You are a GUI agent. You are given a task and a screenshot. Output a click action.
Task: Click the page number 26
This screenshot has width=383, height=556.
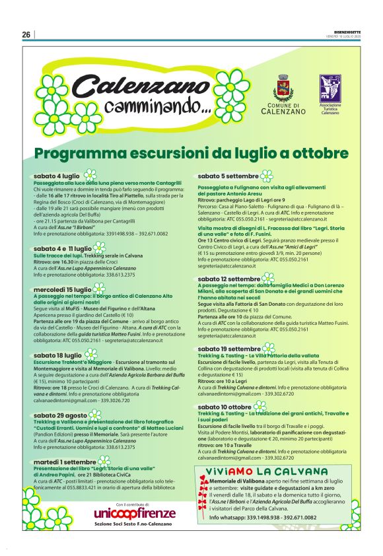(x=26, y=34)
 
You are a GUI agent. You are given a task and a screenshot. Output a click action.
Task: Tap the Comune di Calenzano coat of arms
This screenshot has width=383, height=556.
(x=283, y=87)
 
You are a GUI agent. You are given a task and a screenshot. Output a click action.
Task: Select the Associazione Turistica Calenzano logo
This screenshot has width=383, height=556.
(x=330, y=88)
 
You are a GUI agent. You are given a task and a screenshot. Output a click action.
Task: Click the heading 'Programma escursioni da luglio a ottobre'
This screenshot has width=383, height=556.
(x=191, y=154)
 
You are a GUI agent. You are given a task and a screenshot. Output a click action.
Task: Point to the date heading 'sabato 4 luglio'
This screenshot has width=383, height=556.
(x=57, y=176)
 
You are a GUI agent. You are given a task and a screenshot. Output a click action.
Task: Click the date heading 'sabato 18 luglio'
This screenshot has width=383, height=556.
(x=57, y=355)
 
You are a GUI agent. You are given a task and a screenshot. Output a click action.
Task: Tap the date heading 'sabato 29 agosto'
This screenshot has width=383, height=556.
(x=60, y=415)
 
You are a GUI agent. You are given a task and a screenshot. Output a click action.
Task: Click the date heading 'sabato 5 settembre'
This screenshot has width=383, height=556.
(x=228, y=176)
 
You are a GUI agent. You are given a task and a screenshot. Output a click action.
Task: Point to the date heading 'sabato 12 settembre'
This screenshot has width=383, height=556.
(x=229, y=279)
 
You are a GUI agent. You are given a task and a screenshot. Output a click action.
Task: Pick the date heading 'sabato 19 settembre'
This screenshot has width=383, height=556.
(x=229, y=349)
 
